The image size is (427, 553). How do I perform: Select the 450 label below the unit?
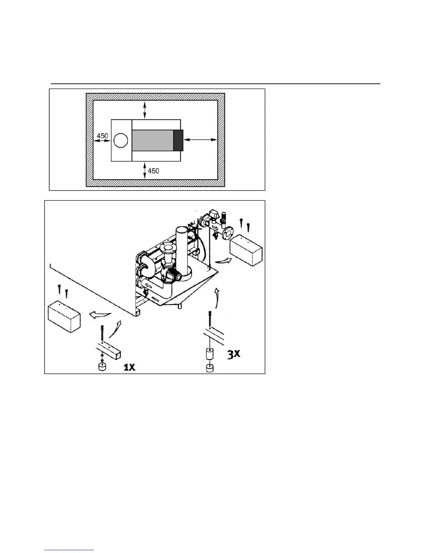(153, 171)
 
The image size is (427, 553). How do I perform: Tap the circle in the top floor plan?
(121, 140)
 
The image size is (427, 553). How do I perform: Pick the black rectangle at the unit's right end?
(178, 140)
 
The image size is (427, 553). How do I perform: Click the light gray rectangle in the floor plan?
(152, 140)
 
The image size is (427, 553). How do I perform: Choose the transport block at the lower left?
(64, 317)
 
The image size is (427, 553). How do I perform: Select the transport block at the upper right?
(246, 250)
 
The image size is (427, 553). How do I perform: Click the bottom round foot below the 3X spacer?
(210, 368)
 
